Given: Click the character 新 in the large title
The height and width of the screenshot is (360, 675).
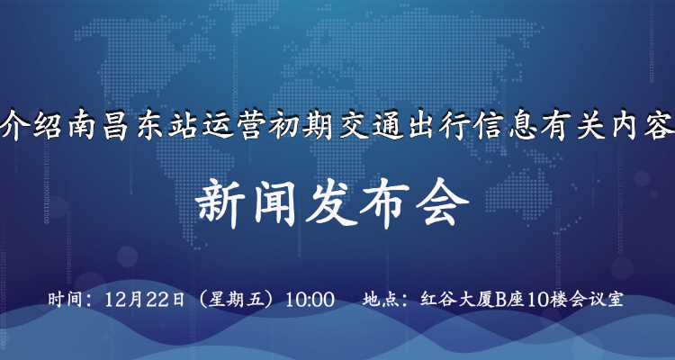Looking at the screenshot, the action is coord(220,204).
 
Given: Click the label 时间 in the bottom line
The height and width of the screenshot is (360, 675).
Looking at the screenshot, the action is coord(64,300).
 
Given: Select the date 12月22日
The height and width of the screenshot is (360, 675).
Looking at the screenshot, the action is coord(145,300).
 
